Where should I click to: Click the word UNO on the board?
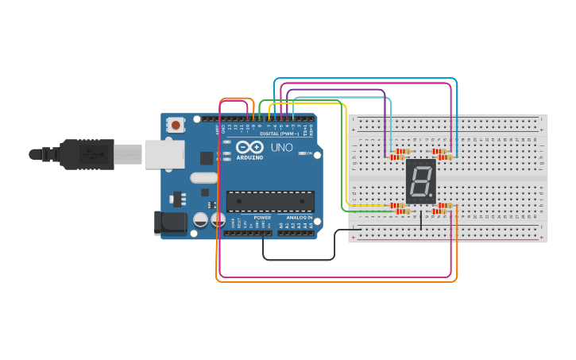(282, 148)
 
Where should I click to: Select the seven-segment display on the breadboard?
(421, 181)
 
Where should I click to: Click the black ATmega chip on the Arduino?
(270, 201)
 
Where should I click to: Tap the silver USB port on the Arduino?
(164, 154)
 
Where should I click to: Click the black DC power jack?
(169, 223)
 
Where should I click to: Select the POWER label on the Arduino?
(262, 217)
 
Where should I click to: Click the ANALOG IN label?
(295, 217)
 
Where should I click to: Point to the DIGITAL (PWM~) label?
(280, 134)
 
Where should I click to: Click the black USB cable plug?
(87, 154)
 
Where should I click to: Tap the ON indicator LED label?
(309, 153)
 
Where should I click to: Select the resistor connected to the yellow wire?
(398, 206)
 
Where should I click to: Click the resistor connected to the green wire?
(401, 211)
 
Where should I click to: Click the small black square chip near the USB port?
(207, 157)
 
